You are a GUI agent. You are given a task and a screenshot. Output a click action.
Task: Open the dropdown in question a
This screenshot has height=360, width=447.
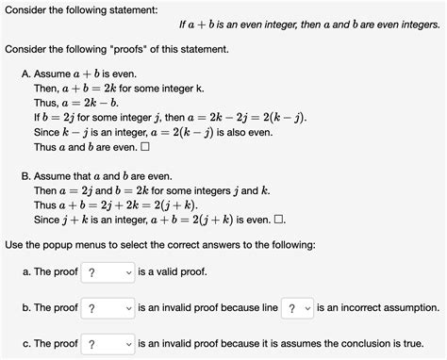pos(107,273)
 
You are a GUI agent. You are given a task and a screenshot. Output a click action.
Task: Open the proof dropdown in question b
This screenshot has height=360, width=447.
pos(108,308)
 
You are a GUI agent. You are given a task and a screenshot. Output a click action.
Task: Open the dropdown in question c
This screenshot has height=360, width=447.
pos(108,343)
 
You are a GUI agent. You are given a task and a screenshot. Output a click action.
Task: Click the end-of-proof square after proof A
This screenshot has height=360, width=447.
pos(144,147)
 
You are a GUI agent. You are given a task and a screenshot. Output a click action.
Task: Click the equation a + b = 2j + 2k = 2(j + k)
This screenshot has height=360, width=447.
pos(127,205)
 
